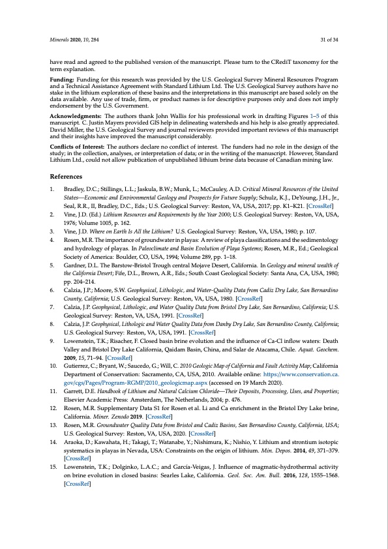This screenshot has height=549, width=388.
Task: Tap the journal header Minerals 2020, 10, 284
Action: pos(74,39)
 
